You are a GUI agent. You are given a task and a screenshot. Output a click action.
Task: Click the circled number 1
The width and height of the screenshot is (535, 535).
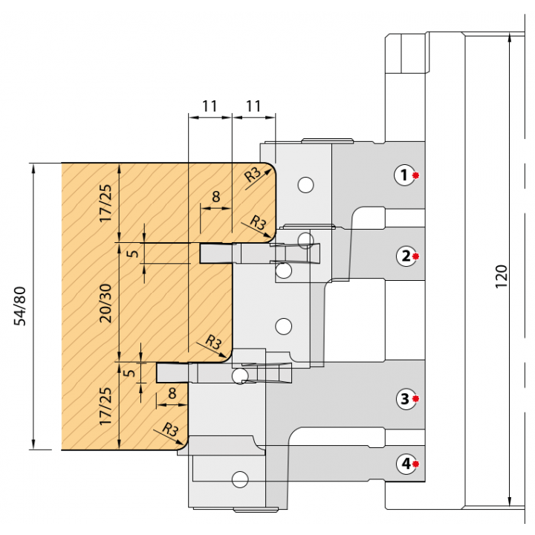coord(405,175)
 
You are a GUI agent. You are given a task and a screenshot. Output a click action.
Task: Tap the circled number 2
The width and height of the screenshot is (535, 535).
coord(406,256)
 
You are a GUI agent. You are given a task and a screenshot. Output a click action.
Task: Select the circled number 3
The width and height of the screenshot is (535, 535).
coord(406,398)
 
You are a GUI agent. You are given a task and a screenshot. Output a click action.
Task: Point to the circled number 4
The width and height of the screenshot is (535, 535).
coord(406,464)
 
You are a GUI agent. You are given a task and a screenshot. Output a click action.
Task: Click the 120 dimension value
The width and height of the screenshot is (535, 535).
coord(501,276)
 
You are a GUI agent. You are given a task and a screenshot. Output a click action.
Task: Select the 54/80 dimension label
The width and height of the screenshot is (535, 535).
coord(20,306)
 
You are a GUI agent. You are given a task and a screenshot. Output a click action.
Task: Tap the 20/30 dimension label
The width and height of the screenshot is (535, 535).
coord(106,303)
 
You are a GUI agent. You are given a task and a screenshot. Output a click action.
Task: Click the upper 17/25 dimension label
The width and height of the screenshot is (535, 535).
coord(106,204)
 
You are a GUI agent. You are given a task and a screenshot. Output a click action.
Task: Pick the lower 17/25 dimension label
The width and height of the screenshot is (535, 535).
coord(106,406)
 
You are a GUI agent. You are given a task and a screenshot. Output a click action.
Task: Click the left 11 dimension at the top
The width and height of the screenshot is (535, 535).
coord(210,106)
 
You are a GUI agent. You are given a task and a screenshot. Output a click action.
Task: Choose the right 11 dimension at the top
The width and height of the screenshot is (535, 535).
coord(253,106)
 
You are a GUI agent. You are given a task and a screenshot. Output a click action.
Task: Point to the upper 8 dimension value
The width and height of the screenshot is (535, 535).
coord(216,196)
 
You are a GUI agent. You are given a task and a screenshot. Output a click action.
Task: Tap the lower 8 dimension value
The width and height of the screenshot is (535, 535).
coord(172,393)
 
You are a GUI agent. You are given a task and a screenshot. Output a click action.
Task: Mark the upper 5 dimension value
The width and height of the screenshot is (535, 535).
coord(133,253)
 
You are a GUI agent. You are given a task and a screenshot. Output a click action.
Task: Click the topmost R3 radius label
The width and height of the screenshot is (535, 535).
coord(253,175)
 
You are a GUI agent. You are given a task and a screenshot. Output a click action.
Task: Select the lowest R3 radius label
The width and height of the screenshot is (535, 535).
coord(170,429)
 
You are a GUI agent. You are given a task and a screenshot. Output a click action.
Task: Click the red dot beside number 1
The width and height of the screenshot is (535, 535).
coord(415,175)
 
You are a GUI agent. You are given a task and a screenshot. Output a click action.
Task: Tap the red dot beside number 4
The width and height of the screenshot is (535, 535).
coord(415,464)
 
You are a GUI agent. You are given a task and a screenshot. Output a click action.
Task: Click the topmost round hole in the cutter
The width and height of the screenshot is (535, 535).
coord(305,185)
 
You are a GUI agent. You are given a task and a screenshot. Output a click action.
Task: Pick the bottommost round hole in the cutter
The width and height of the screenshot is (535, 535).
coord(240,479)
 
